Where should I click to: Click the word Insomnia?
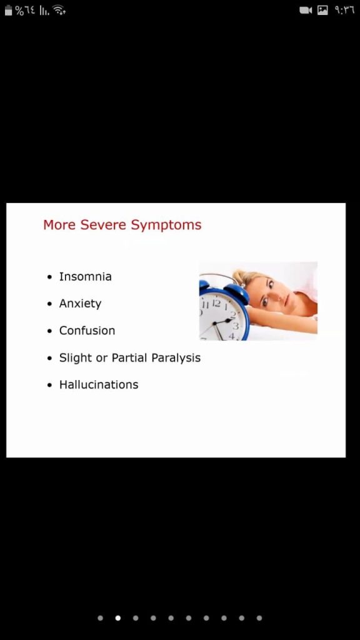pyautogui.click(x=85, y=277)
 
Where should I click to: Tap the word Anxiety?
pyautogui.click(x=80, y=304)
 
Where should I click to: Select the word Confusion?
pyautogui.click(x=87, y=331)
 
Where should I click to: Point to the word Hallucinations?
pyautogui.click(x=99, y=384)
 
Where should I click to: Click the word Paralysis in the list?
pyautogui.click(x=176, y=358)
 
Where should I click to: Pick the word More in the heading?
pyautogui.click(x=59, y=225)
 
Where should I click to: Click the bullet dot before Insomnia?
pyautogui.click(x=50, y=277)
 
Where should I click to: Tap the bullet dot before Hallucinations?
pyautogui.click(x=50, y=385)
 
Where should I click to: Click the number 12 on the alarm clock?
pyautogui.click(x=216, y=303)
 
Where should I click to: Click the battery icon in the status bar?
pyautogui.click(x=9, y=11)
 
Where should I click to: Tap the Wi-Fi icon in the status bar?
pyautogui.click(x=59, y=10)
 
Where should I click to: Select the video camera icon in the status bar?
pyautogui.click(x=306, y=11)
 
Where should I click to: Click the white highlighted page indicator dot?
pyautogui.click(x=118, y=618)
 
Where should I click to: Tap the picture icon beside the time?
pyautogui.click(x=322, y=11)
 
